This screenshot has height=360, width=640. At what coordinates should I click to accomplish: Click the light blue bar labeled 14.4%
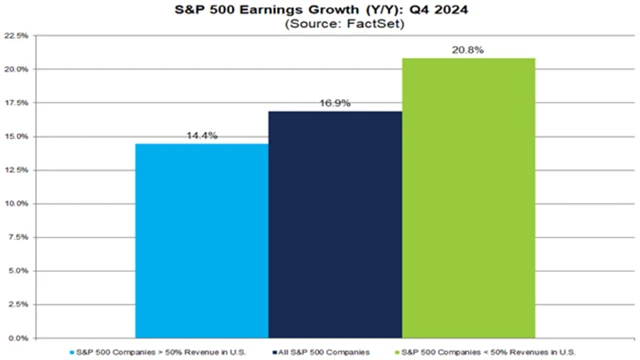tap(201, 241)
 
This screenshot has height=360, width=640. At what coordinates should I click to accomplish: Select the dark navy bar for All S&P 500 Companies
tap(335, 224)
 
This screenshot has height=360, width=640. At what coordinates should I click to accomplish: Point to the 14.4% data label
tap(201, 135)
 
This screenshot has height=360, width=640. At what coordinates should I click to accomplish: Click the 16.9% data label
tap(335, 102)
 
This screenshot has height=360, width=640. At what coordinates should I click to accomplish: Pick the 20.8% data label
tap(468, 49)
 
